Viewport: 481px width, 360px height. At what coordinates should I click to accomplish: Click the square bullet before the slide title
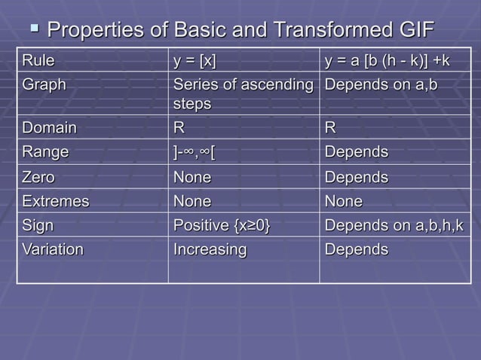(34, 29)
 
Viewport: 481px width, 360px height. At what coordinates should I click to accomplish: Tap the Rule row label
(38, 59)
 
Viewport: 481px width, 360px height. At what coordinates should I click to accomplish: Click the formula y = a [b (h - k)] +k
(387, 59)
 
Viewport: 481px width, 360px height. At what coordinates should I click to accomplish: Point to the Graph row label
(44, 84)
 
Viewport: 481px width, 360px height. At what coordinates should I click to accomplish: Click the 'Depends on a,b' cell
(381, 84)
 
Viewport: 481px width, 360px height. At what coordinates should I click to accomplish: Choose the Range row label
(45, 152)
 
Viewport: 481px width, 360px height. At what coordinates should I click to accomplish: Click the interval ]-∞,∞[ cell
(194, 152)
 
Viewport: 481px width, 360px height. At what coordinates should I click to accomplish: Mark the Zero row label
(38, 178)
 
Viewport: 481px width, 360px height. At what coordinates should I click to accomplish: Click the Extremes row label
(55, 202)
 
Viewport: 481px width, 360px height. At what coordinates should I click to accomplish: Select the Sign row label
(38, 226)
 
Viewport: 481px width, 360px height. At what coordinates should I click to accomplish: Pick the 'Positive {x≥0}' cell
(222, 226)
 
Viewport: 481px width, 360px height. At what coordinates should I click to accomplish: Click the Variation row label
(53, 249)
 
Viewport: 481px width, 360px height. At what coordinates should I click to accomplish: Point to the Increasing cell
(210, 249)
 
